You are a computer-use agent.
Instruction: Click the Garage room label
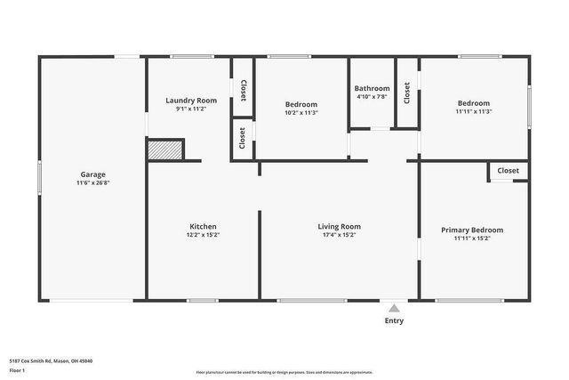pyautogui.click(x=93, y=174)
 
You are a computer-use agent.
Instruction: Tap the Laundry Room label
pyautogui.click(x=191, y=101)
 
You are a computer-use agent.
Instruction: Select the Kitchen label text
pyautogui.click(x=203, y=226)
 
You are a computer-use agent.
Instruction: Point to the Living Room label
pyautogui.click(x=339, y=226)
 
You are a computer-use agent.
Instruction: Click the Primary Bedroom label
pyautogui.click(x=472, y=230)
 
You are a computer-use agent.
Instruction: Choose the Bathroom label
pyautogui.click(x=372, y=88)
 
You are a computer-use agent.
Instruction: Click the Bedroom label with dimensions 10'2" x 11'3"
pyautogui.click(x=301, y=103)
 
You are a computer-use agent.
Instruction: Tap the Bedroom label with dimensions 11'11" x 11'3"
pyautogui.click(x=473, y=103)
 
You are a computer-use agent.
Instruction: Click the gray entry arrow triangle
pyautogui.click(x=394, y=308)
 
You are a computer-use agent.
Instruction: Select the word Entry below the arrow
pyautogui.click(x=394, y=321)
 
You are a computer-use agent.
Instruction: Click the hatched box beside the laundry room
pyautogui.click(x=164, y=150)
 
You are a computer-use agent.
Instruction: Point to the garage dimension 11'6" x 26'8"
pyautogui.click(x=93, y=182)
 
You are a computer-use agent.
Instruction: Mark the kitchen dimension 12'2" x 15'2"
pyautogui.click(x=203, y=236)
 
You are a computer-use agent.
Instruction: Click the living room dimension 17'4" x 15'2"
pyautogui.click(x=339, y=236)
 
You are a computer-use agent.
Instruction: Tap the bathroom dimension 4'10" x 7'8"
pyautogui.click(x=372, y=98)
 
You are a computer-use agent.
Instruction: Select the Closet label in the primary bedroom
pyautogui.click(x=508, y=170)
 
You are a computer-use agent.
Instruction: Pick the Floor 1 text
pyautogui.click(x=17, y=369)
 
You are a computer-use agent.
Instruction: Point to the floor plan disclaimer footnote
pyautogui.click(x=284, y=373)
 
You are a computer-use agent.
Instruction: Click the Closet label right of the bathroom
pyautogui.click(x=406, y=93)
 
